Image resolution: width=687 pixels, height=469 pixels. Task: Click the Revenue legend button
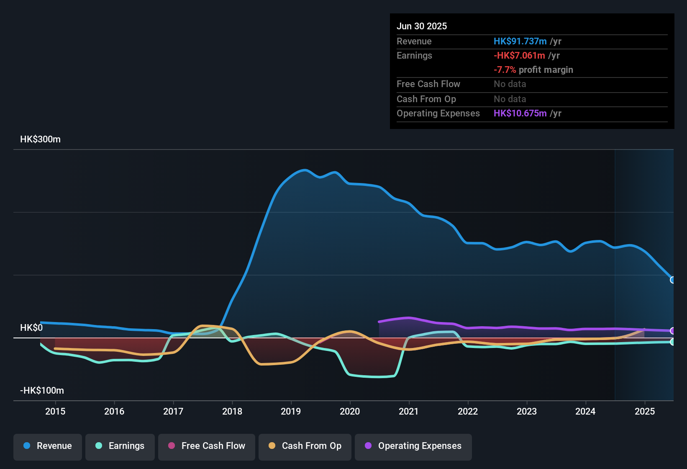coord(48,446)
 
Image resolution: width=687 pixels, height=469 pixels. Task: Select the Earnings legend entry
coord(120,446)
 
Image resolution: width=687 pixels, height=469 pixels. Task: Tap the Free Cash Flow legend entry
coord(207,446)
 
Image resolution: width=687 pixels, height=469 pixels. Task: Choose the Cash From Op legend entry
coord(305,446)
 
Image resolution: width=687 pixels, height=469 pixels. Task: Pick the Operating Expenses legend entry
coord(413,446)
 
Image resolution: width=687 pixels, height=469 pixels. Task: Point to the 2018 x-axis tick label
coord(232,411)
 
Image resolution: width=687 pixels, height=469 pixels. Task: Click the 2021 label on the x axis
coord(409,411)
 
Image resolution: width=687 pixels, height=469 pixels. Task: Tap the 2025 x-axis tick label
coord(644,411)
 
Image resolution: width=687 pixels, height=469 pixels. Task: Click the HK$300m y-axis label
coord(40,139)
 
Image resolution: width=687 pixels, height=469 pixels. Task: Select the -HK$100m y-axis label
coord(42,391)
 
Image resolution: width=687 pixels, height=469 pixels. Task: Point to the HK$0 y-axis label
coord(31,328)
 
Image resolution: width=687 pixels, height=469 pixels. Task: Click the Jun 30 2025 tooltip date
coord(422,26)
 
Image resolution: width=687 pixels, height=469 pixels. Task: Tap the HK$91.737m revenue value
coord(520,41)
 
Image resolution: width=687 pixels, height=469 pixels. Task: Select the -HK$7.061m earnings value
coord(519,56)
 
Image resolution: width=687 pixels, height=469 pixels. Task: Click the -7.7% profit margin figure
coord(505,70)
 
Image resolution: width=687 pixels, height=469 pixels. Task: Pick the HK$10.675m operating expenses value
coord(520,113)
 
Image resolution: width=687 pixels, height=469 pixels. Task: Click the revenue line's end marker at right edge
coord(672,280)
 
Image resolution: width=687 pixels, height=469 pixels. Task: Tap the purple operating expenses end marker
coord(672,331)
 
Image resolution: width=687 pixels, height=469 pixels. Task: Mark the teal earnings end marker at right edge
coord(672,342)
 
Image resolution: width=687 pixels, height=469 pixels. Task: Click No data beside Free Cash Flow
coord(510,84)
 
